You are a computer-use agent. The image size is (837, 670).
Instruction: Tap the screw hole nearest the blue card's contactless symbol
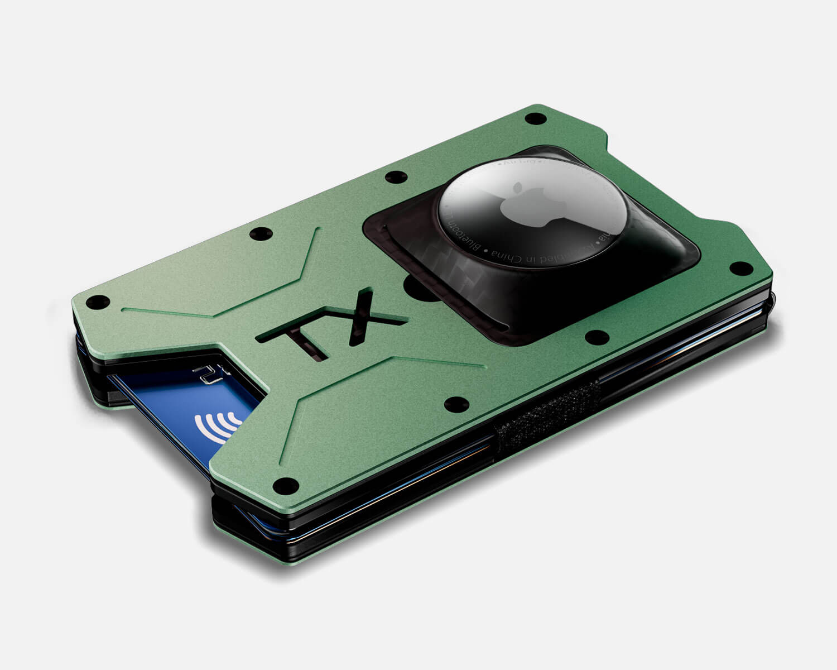[x=286, y=483]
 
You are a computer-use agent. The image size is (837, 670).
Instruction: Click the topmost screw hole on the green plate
[x=536, y=118]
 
